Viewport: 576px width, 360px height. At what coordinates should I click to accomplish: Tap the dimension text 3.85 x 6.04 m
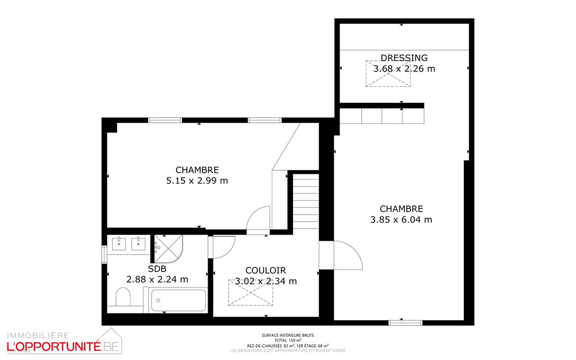pyautogui.click(x=401, y=220)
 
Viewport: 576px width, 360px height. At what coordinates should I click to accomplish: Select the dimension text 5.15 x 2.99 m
pyautogui.click(x=197, y=181)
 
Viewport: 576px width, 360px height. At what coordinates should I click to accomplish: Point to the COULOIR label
pyautogui.click(x=266, y=271)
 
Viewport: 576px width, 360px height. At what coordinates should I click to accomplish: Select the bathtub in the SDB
pyautogui.click(x=178, y=300)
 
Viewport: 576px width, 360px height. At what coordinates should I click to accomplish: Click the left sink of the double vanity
pyautogui.click(x=118, y=244)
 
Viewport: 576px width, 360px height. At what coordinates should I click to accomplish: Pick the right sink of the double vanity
pyautogui.click(x=139, y=244)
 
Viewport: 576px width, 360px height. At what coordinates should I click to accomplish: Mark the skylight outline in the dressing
pyautogui.click(x=388, y=74)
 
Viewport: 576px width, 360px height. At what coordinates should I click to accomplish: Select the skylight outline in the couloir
pyautogui.click(x=250, y=292)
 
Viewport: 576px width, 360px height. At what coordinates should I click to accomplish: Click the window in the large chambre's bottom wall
pyautogui.click(x=405, y=323)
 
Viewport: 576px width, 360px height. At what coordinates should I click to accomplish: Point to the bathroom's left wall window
pyautogui.click(x=104, y=255)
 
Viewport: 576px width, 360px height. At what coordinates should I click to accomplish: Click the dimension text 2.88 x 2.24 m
pyautogui.click(x=157, y=279)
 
